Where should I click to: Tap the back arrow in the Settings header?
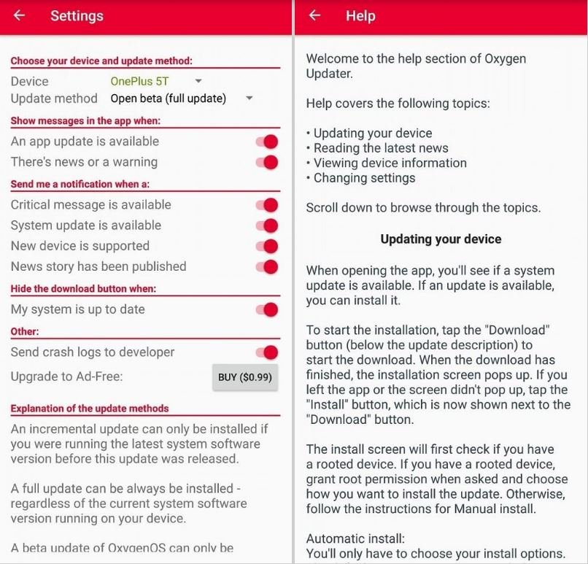(x=20, y=15)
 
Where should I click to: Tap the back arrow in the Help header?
(x=314, y=15)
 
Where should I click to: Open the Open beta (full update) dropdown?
(x=182, y=98)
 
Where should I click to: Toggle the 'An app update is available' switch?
(x=268, y=142)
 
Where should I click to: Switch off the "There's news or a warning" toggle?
(x=268, y=162)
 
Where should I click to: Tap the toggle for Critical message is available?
(x=268, y=205)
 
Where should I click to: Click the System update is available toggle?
(x=268, y=225)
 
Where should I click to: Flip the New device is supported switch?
(x=268, y=246)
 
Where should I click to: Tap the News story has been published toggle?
(x=268, y=266)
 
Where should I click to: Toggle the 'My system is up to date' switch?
(x=268, y=309)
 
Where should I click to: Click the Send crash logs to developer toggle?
(x=268, y=352)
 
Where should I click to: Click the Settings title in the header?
(x=77, y=15)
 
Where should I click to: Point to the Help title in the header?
(x=360, y=15)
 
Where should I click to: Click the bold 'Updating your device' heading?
(x=441, y=239)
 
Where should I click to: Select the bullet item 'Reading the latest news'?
(x=381, y=148)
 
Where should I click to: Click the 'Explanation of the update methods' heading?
(x=90, y=408)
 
